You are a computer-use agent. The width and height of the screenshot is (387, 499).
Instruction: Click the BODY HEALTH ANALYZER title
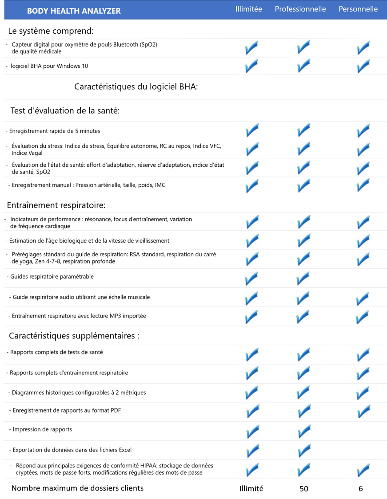tap(74, 11)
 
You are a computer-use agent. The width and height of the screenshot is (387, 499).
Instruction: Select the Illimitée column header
tap(249, 9)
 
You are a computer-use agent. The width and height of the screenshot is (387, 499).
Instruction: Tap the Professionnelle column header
tap(300, 9)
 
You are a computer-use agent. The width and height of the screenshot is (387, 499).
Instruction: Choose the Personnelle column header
tap(358, 9)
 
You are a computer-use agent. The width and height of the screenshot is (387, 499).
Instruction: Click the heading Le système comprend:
tap(51, 31)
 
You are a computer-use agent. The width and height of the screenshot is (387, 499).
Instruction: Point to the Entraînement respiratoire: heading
tap(56, 205)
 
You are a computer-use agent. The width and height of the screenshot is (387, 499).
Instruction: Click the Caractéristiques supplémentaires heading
tap(74, 336)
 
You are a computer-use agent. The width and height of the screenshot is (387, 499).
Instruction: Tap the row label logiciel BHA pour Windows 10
tap(49, 66)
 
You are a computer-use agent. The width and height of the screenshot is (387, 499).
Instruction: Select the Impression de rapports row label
tap(42, 429)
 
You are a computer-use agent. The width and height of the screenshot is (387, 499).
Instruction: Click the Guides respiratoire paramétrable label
tap(52, 276)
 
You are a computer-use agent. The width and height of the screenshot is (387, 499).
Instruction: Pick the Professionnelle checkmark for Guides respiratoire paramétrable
tap(303, 279)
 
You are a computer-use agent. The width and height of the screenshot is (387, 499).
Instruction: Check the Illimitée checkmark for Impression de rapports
tap(252, 432)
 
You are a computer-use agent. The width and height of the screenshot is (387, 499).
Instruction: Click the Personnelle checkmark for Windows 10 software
tap(363, 66)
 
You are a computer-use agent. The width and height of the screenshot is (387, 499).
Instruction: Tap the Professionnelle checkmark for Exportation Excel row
tap(304, 451)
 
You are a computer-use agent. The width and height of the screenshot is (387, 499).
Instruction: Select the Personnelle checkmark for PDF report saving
tap(364, 412)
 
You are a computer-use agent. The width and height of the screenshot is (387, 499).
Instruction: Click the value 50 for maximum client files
tap(304, 488)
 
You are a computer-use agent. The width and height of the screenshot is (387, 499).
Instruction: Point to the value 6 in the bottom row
tap(360, 488)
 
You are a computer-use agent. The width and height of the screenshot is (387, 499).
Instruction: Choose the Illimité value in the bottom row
tap(251, 488)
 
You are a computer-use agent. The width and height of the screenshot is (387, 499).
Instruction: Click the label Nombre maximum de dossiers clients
tap(77, 488)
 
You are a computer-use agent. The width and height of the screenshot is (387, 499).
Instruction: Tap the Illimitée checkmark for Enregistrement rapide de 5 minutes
tap(252, 130)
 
